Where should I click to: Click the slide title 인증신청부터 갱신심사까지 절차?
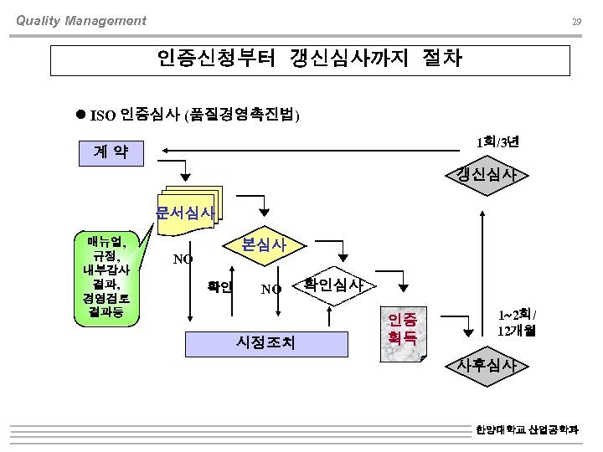click(310, 59)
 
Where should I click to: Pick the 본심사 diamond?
click(264, 245)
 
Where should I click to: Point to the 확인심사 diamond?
click(332, 285)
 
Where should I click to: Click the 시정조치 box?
click(265, 342)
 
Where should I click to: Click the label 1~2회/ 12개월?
click(517, 322)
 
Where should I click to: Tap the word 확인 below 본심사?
click(219, 286)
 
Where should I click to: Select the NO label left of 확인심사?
click(271, 290)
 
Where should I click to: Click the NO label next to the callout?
click(183, 259)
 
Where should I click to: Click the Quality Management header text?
click(81, 21)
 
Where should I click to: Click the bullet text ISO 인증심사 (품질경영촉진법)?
click(194, 115)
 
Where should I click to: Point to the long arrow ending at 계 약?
click(318, 152)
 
